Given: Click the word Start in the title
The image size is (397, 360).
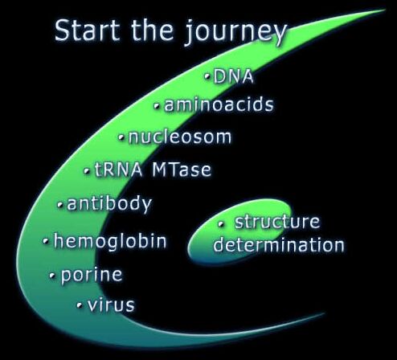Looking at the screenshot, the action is [x=87, y=30].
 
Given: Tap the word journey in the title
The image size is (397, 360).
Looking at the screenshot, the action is [x=235, y=33].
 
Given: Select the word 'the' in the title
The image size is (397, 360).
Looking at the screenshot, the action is [x=152, y=30].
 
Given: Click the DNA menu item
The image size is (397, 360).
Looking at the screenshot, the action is [x=233, y=76].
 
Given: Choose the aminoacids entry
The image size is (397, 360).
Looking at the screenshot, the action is [x=219, y=104].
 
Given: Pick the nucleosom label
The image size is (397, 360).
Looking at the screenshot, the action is [x=180, y=137].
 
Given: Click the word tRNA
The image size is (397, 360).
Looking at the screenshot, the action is [x=118, y=170].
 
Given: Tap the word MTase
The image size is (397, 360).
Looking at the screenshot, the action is [x=182, y=170].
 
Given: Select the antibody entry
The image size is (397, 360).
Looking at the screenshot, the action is [x=109, y=203].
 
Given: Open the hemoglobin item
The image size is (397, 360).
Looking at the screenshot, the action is [x=110, y=241].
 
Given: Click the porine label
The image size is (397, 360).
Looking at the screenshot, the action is [x=92, y=275].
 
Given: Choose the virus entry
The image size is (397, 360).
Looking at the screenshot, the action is [x=111, y=305].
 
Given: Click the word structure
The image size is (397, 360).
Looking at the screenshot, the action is [x=277, y=222].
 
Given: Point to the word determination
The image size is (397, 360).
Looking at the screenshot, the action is [x=279, y=245].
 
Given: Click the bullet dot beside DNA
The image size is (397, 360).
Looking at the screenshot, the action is [x=207, y=76].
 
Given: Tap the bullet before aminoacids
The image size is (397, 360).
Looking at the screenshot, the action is [x=158, y=106].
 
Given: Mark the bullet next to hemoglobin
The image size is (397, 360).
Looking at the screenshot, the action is [x=46, y=241].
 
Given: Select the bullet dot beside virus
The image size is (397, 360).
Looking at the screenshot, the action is [x=80, y=305].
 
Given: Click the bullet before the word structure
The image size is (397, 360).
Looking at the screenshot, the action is [x=221, y=224].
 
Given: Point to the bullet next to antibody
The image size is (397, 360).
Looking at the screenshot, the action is [x=60, y=206].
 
